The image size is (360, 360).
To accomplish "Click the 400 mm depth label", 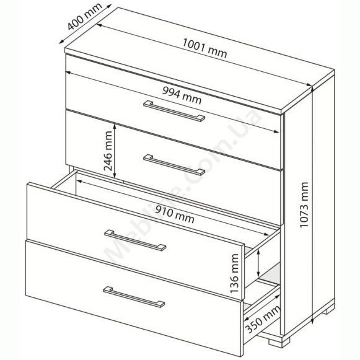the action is pos(85,17).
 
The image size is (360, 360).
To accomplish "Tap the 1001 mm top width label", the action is pos(205,49).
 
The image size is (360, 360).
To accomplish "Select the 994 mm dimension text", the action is pos(182,95).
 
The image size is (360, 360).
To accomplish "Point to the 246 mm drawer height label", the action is pos(108,151).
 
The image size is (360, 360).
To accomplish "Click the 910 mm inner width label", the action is pos(175,214).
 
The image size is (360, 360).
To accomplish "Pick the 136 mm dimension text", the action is pos(234,273).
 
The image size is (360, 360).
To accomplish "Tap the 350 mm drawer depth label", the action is pos(263,319).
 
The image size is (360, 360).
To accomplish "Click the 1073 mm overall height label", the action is pos(304,204).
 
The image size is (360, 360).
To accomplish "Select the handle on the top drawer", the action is pos(174,111).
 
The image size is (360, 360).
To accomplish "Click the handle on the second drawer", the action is pos(174,165).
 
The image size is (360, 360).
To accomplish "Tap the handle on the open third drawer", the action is pos(135,240).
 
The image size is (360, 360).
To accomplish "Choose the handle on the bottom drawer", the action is pos(134,297).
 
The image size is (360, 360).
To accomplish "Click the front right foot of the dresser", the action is pos(279,341).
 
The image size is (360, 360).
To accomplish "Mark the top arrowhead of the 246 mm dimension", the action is pos(115,126).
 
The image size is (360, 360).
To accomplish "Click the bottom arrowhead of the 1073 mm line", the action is pos(312,321).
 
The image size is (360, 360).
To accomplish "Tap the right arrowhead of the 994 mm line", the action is pos(277,131).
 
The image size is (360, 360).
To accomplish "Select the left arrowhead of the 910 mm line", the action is pos(79,182).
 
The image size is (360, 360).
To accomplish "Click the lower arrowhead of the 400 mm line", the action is pos(61,42).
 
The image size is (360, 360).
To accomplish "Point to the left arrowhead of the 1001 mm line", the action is pos(99,25).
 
